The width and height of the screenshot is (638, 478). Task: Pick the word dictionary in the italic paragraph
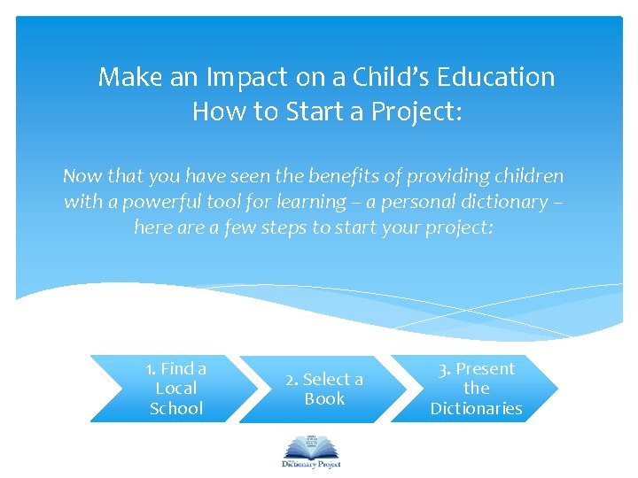[x=499, y=202]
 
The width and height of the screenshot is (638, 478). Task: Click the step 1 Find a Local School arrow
[x=168, y=389]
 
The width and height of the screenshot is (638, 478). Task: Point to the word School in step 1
[x=176, y=409]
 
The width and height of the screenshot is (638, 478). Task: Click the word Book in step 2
[x=324, y=399]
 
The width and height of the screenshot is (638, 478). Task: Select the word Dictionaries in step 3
[x=476, y=409]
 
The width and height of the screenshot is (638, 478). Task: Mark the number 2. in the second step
[x=292, y=380]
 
